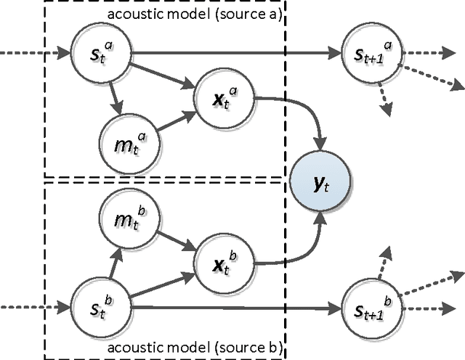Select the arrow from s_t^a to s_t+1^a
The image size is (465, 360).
(232, 52)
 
